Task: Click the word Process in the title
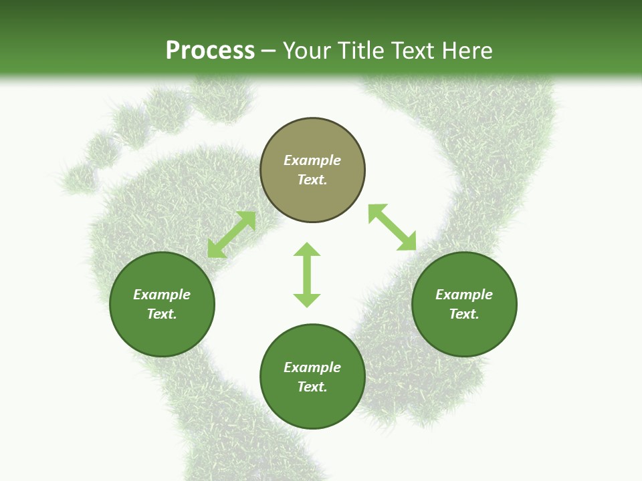click(x=210, y=51)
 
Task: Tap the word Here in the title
click(x=467, y=51)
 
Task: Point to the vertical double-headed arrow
click(x=307, y=275)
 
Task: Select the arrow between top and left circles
click(x=231, y=234)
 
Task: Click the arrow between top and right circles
click(x=392, y=227)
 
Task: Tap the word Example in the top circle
click(x=312, y=160)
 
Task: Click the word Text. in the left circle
click(x=162, y=314)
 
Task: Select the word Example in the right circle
click(x=464, y=295)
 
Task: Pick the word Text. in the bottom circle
click(x=312, y=387)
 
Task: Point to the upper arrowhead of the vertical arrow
click(x=307, y=251)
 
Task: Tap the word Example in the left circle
click(x=162, y=295)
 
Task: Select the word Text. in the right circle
click(x=464, y=314)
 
